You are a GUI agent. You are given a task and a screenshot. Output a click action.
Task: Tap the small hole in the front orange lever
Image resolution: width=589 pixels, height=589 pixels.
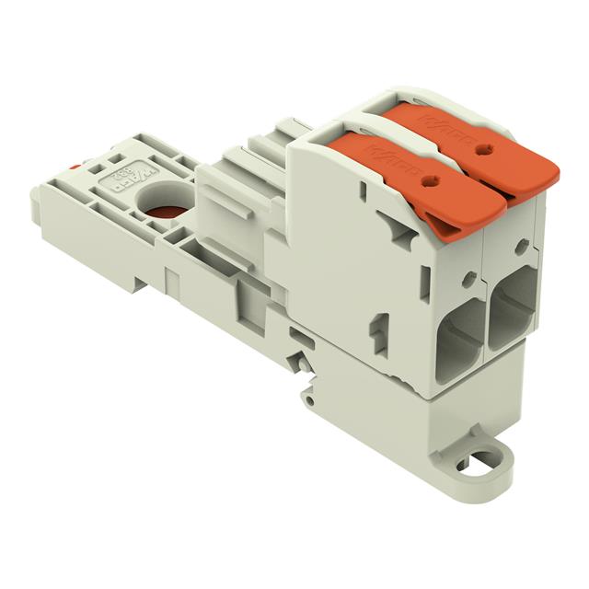click(x=425, y=181)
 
